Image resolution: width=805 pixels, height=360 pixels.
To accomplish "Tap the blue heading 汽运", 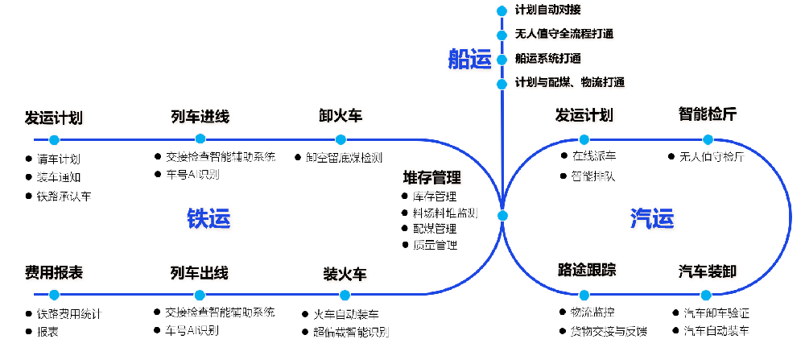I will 651,217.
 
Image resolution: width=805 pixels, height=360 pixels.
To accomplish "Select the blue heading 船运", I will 469,59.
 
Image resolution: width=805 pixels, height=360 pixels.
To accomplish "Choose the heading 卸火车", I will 341,116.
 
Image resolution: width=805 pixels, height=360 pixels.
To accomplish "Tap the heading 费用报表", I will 54,273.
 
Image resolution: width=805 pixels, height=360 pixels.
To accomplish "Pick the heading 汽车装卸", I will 707,271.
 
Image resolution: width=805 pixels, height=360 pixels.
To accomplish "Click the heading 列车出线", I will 199,273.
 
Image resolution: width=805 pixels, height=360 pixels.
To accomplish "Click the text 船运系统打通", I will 548,59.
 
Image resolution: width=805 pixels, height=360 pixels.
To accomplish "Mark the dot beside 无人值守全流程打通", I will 502,35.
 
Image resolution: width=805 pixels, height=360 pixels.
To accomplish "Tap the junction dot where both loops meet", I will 502,216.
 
